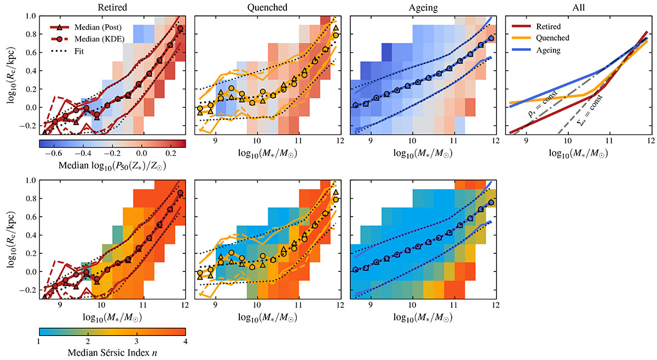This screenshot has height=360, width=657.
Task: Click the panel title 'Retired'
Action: (112, 7)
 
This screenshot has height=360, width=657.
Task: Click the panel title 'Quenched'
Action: (267, 7)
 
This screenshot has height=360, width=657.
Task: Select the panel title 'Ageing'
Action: (423, 8)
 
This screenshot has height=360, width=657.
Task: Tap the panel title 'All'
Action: (578, 7)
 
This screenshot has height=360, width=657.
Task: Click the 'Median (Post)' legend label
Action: (98, 27)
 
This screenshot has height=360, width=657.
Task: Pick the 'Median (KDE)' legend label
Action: (100, 39)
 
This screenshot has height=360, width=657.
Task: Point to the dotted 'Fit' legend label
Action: (79, 51)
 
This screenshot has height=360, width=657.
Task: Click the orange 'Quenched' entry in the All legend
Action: (552, 38)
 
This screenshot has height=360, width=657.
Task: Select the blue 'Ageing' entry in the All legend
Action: (548, 50)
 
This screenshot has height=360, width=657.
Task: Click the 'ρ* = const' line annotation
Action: (543, 104)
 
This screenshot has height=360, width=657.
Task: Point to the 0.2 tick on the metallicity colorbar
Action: (171, 153)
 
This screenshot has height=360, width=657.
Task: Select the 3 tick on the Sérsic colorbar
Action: (136, 341)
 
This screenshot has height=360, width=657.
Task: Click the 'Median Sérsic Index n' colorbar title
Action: (112, 352)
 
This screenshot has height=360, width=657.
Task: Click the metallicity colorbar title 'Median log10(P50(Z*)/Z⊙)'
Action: (112, 166)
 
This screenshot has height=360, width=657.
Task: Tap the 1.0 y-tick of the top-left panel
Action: (30, 16)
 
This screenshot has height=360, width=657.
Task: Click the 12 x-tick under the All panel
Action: (651, 141)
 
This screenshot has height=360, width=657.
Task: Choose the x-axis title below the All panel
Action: (578, 153)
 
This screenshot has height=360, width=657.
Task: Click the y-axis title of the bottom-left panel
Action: (11, 240)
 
